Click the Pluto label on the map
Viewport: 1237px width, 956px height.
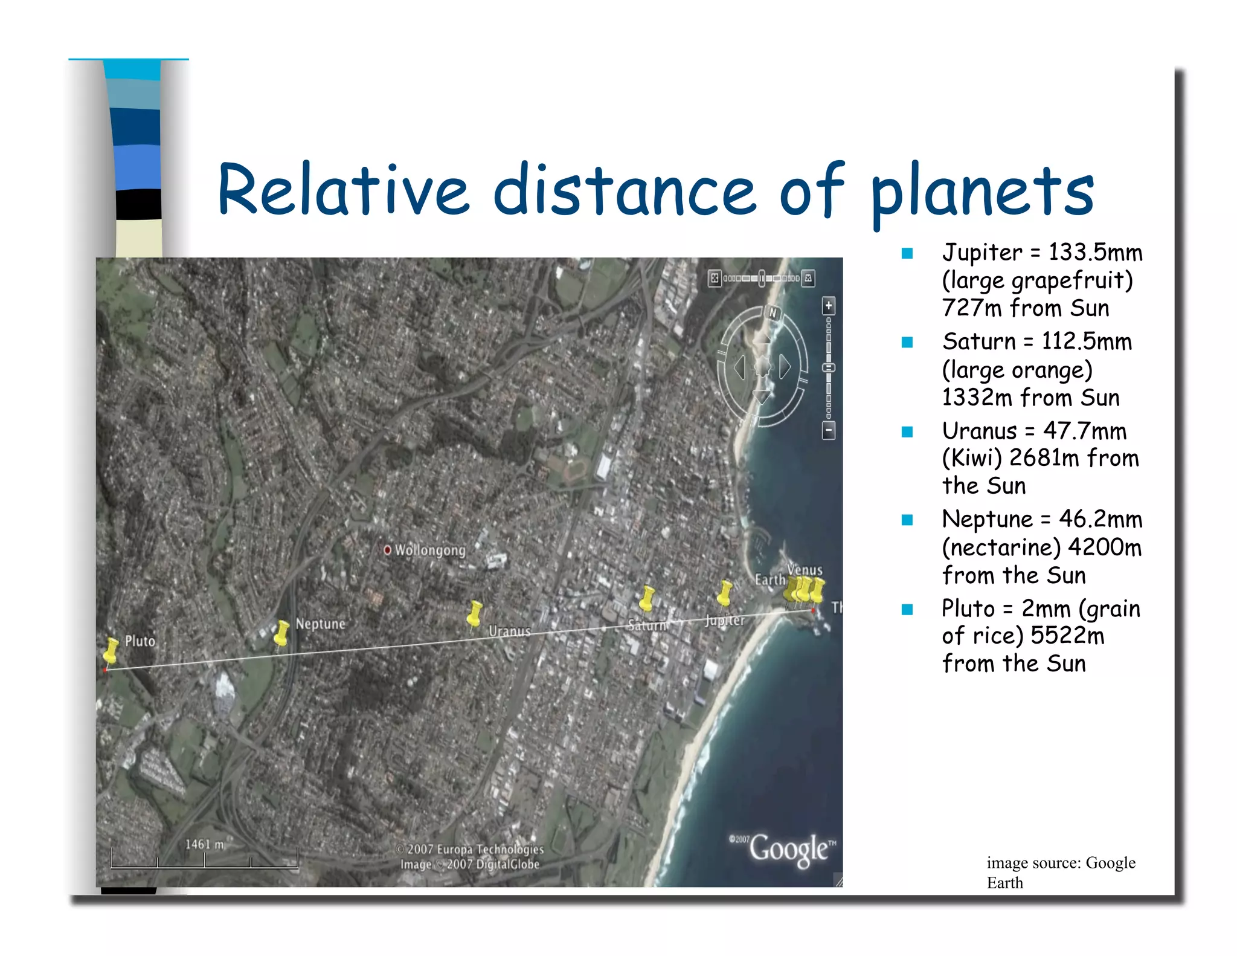tap(140, 641)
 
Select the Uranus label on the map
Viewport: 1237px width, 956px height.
tap(509, 631)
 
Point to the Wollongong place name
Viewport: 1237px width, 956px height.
tap(430, 551)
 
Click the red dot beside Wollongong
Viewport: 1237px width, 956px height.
tap(387, 550)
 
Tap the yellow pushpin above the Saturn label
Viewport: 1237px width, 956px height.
tap(647, 598)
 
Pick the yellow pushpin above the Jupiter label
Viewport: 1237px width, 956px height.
tap(724, 592)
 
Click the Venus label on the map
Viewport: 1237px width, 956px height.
tap(805, 570)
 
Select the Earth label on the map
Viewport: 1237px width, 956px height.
tap(770, 580)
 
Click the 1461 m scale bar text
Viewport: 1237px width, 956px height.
tap(204, 844)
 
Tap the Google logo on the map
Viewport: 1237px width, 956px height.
tap(788, 849)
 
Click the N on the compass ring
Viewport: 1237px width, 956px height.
tap(773, 313)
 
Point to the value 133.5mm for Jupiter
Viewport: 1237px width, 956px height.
tap(1095, 253)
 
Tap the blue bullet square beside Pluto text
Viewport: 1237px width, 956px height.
tap(907, 609)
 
